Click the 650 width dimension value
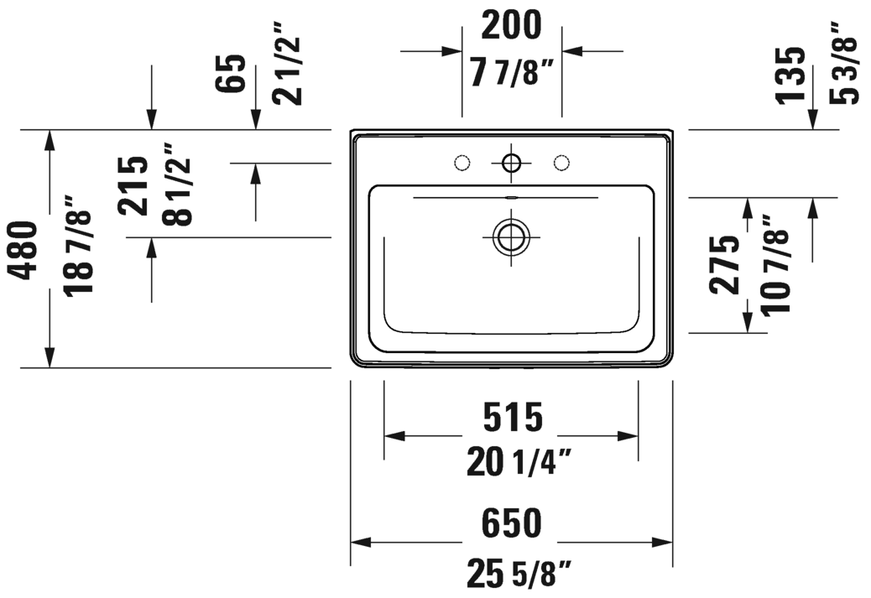pyautogui.click(x=511, y=524)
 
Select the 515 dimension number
pyautogui.click(x=511, y=417)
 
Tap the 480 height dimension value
pyautogui.click(x=26, y=250)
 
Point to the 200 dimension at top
pyautogui.click(x=511, y=26)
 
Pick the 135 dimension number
pyautogui.click(x=790, y=75)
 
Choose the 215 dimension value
pyautogui.click(x=133, y=186)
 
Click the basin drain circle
pyautogui.click(x=510, y=237)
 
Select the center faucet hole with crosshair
pyautogui.click(x=510, y=162)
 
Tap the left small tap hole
pyautogui.click(x=461, y=162)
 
